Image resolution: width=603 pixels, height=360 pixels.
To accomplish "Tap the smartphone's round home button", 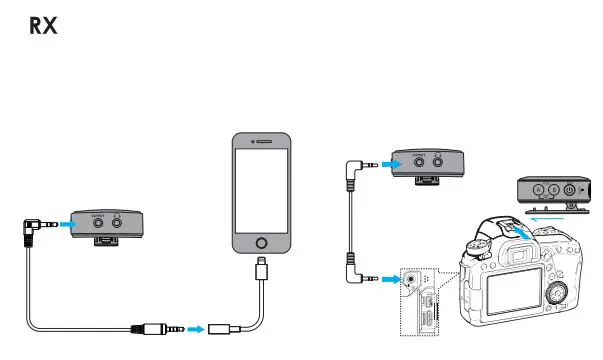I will (x=263, y=243).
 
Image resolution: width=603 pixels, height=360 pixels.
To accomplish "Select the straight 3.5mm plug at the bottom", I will (x=160, y=327).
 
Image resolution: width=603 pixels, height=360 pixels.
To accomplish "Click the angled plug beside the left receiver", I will (x=37, y=226).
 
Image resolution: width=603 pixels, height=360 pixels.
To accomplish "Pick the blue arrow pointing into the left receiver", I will (x=63, y=225).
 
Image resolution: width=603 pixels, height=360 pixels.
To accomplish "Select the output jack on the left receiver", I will (x=99, y=225).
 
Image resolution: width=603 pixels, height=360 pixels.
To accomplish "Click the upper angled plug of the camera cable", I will (x=357, y=161).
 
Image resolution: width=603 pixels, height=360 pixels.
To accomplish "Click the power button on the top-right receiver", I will (x=569, y=190).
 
